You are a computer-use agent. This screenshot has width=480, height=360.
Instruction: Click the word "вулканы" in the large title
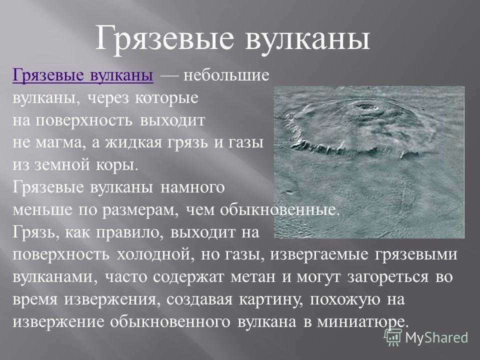(308, 39)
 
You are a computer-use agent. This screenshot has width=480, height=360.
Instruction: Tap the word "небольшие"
(226, 75)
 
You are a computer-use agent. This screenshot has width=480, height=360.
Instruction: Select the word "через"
(108, 98)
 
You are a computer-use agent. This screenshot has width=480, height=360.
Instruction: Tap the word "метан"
(253, 277)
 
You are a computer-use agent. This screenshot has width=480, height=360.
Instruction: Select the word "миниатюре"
(363, 322)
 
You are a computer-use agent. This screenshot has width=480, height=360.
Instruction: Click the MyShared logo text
(437, 337)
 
